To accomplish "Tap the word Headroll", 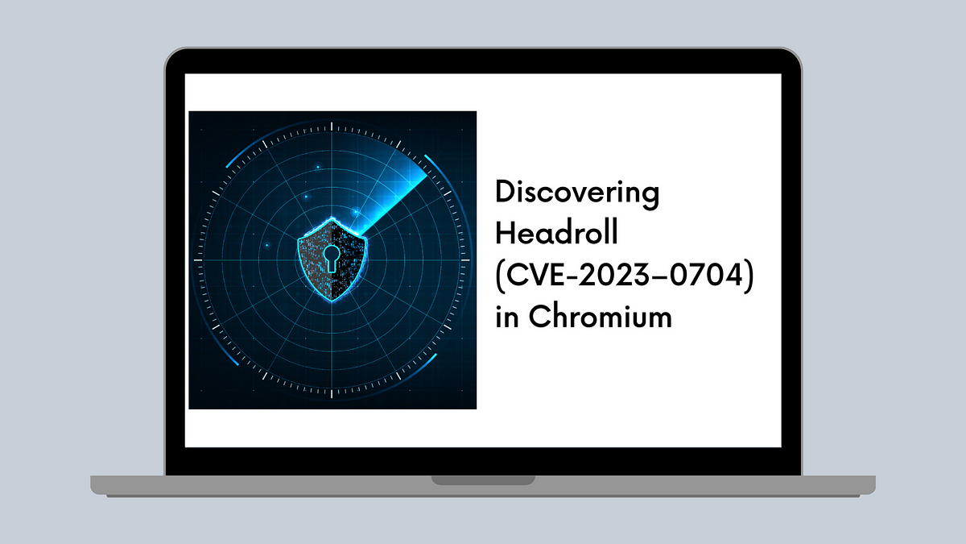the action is click(x=557, y=232).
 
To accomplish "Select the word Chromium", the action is click(x=601, y=316).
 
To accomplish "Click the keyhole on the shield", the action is click(x=331, y=258).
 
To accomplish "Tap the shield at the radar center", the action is click(x=332, y=260).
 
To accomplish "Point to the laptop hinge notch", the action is click(x=483, y=480).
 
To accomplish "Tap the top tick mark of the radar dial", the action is click(x=332, y=127).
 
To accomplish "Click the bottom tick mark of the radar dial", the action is click(x=332, y=393).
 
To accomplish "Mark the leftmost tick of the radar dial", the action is click(x=198, y=260).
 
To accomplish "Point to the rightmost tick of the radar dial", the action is click(x=465, y=260).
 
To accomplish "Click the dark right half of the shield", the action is click(x=348, y=259).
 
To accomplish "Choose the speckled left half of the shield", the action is click(x=315, y=259).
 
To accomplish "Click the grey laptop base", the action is click(x=483, y=486).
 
